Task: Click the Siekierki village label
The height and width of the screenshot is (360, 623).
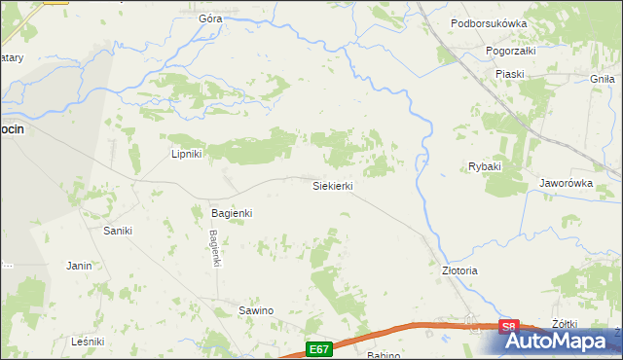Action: tap(332, 186)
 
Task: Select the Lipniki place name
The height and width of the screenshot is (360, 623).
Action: tap(185, 154)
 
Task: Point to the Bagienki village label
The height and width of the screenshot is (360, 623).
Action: tap(232, 212)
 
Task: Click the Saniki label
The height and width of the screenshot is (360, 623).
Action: tap(117, 231)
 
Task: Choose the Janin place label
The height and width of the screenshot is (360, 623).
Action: tap(79, 265)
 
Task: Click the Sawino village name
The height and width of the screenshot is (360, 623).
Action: tap(256, 310)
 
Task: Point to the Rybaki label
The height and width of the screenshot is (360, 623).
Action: tap(484, 166)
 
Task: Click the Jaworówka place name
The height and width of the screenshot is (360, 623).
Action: tap(566, 182)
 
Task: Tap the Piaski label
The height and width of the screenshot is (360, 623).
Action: tap(509, 74)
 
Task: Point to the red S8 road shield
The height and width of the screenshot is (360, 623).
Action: tap(509, 328)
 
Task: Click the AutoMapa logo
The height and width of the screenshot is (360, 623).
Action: tap(562, 342)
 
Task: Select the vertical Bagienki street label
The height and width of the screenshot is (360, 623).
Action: tap(216, 247)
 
